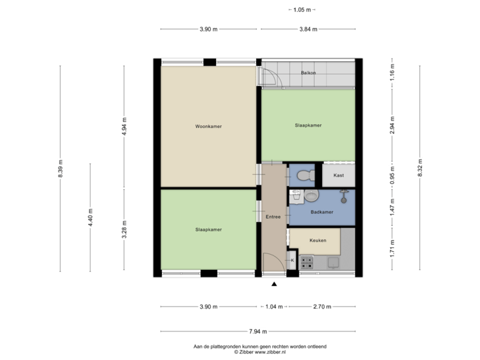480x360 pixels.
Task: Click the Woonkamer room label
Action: tap(209, 126)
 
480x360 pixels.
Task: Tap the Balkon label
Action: tap(308, 73)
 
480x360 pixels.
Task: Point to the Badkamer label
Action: tap(322, 213)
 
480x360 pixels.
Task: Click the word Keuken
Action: tap(317, 240)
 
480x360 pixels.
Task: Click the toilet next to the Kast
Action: tap(303, 175)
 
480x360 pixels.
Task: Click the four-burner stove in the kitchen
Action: tap(307, 261)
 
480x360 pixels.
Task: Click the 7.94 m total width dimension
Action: tap(258, 331)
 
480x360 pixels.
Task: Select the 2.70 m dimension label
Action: tap(321, 307)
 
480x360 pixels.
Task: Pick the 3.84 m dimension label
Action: tap(308, 29)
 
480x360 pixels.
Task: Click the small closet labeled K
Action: tap(291, 259)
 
